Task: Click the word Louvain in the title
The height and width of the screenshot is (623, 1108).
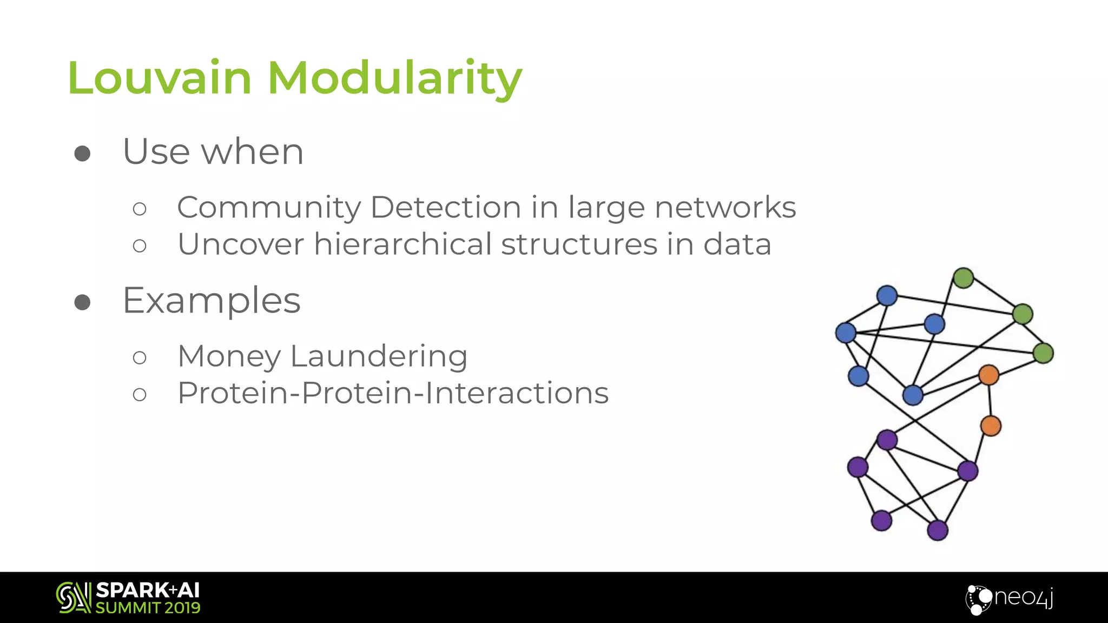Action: click(160, 78)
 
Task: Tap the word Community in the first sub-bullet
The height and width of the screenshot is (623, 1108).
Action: click(269, 208)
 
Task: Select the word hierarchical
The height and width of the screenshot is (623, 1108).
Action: click(403, 244)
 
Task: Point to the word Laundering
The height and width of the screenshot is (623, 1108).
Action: click(379, 357)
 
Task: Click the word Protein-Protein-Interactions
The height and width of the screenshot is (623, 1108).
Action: click(393, 393)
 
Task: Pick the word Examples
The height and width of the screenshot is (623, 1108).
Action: click(212, 301)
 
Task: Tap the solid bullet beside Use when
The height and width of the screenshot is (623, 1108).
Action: click(82, 154)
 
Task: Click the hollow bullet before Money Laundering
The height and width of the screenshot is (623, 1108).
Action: click(140, 357)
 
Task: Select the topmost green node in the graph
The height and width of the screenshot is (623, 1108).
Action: click(964, 278)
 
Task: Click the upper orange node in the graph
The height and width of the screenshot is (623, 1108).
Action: click(988, 375)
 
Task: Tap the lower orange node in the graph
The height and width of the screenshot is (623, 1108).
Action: click(991, 426)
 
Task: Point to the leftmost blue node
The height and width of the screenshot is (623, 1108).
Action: click(846, 333)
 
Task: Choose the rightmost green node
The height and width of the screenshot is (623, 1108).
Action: click(1044, 353)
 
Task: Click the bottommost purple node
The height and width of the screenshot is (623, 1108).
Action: click(938, 530)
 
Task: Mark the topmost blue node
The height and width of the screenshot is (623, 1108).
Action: click(887, 296)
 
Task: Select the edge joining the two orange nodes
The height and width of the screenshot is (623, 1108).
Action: click(990, 400)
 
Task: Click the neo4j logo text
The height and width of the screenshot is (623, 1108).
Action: click(1023, 598)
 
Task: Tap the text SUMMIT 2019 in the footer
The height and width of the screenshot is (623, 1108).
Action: click(148, 608)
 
